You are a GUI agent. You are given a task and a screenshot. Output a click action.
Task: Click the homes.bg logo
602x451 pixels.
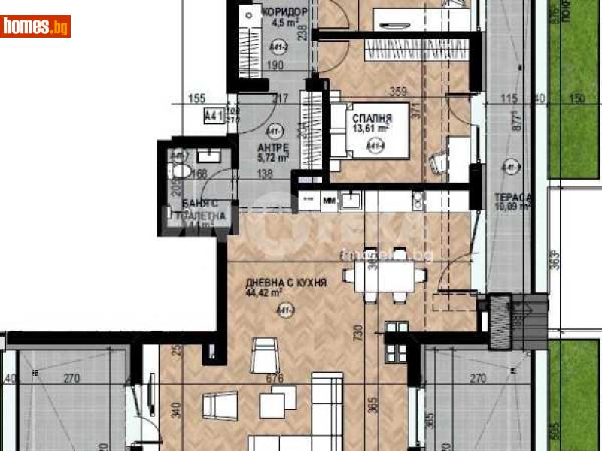coord(36,26)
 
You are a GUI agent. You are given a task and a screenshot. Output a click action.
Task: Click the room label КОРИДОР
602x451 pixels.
coord(285,11)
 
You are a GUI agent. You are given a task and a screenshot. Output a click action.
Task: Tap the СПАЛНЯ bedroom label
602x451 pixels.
coord(372,118)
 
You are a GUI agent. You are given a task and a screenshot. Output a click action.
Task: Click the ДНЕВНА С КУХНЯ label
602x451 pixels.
coord(286,283)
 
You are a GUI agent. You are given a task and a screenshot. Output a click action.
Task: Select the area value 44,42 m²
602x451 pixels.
coord(264,293)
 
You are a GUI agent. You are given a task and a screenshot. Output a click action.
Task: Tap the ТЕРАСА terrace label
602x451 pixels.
coord(512,198)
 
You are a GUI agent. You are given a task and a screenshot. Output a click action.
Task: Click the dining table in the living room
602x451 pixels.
coord(381,276)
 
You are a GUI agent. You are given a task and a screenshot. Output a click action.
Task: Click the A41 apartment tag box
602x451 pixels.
coord(215,116)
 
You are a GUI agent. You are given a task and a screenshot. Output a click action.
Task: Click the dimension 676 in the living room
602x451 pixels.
coord(275,379)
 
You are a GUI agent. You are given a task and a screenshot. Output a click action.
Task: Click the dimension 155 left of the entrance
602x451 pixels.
coord(197,98)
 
